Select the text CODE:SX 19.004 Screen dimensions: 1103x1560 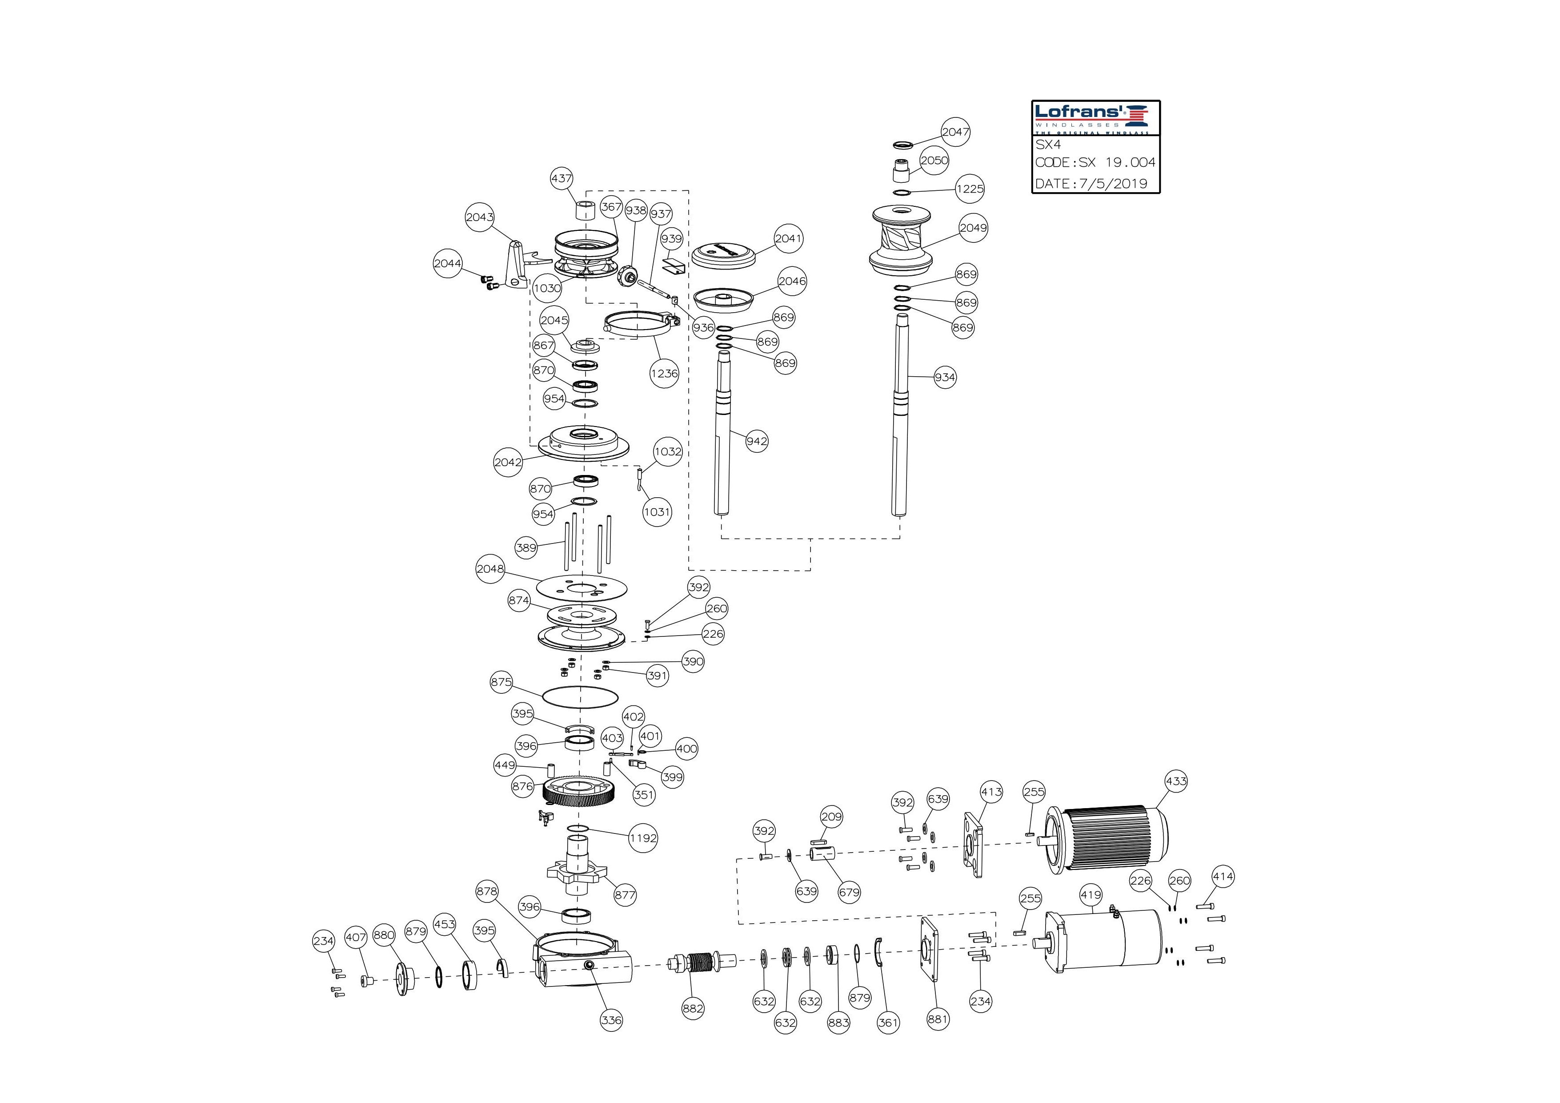(x=1095, y=162)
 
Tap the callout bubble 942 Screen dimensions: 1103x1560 (x=756, y=441)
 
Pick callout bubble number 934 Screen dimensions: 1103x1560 (x=944, y=377)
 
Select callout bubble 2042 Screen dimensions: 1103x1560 (x=508, y=462)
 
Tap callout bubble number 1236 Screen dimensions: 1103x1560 (x=664, y=373)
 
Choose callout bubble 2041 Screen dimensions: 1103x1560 (x=789, y=238)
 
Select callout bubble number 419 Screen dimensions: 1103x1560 (x=1091, y=895)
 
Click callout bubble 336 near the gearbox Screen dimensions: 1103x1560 (x=611, y=1019)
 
